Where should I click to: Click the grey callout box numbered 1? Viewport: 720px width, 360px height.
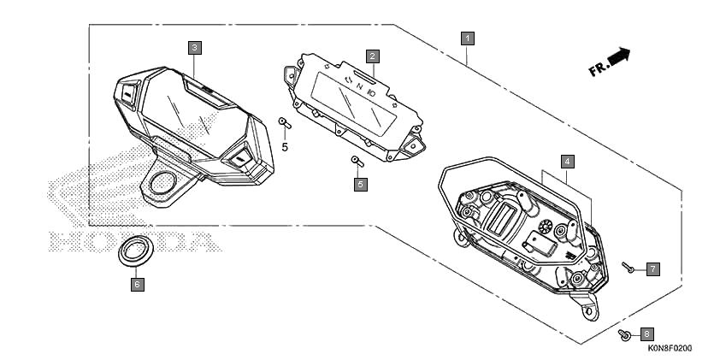[468, 38]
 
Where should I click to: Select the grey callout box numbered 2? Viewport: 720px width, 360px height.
[372, 56]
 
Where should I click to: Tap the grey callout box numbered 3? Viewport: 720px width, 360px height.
[195, 48]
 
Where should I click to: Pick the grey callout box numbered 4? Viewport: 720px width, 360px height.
[567, 162]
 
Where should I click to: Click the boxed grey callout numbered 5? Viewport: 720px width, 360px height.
[361, 185]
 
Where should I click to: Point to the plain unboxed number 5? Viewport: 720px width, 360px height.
[285, 147]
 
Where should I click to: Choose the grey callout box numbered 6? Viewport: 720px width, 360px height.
[137, 285]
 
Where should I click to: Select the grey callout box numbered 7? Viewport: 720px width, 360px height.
[653, 269]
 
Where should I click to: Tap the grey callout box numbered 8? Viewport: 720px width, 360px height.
[647, 334]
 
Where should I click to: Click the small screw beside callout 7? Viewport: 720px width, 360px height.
[628, 268]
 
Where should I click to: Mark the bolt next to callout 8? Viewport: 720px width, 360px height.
[624, 334]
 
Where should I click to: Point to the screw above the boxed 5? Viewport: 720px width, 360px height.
[357, 161]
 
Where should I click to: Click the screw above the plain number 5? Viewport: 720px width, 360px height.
[285, 122]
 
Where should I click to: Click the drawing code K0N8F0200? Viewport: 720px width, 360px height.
[670, 349]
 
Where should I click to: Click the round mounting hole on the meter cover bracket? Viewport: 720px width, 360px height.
[162, 183]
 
